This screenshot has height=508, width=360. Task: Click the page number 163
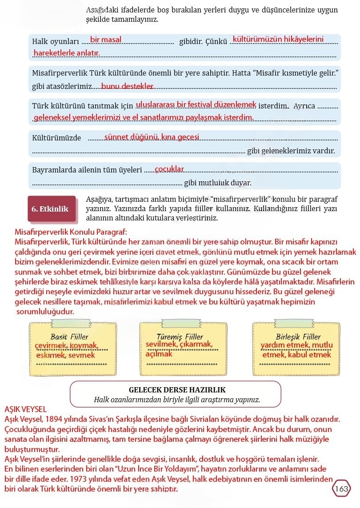click(x=341, y=489)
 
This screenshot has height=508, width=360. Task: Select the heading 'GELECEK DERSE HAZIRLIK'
click(x=177, y=390)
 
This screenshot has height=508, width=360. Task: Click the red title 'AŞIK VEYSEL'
click(x=25, y=409)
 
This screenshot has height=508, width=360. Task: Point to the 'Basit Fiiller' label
click(x=69, y=337)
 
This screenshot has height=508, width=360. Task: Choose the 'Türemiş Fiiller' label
click(x=180, y=337)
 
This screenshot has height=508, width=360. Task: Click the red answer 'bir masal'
click(x=105, y=40)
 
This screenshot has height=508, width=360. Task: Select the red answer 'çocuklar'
click(x=169, y=169)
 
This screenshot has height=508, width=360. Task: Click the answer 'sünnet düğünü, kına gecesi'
click(x=152, y=137)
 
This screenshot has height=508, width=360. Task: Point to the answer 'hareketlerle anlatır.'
click(x=67, y=53)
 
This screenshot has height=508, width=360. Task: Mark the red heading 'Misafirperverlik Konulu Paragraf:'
click(x=71, y=232)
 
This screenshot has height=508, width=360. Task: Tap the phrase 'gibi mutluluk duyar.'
click(x=218, y=183)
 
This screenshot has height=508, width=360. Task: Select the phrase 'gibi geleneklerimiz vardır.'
click(x=291, y=151)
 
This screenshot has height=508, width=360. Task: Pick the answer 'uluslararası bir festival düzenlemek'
click(x=196, y=104)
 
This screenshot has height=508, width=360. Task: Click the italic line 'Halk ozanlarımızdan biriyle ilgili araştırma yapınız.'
click(x=177, y=400)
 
